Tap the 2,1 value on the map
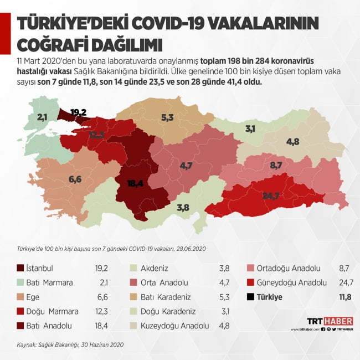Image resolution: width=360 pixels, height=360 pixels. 43,117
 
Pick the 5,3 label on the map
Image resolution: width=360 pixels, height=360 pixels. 168,117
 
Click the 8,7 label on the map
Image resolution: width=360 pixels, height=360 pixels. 276,165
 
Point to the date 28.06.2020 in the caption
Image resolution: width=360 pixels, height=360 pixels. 188,249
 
